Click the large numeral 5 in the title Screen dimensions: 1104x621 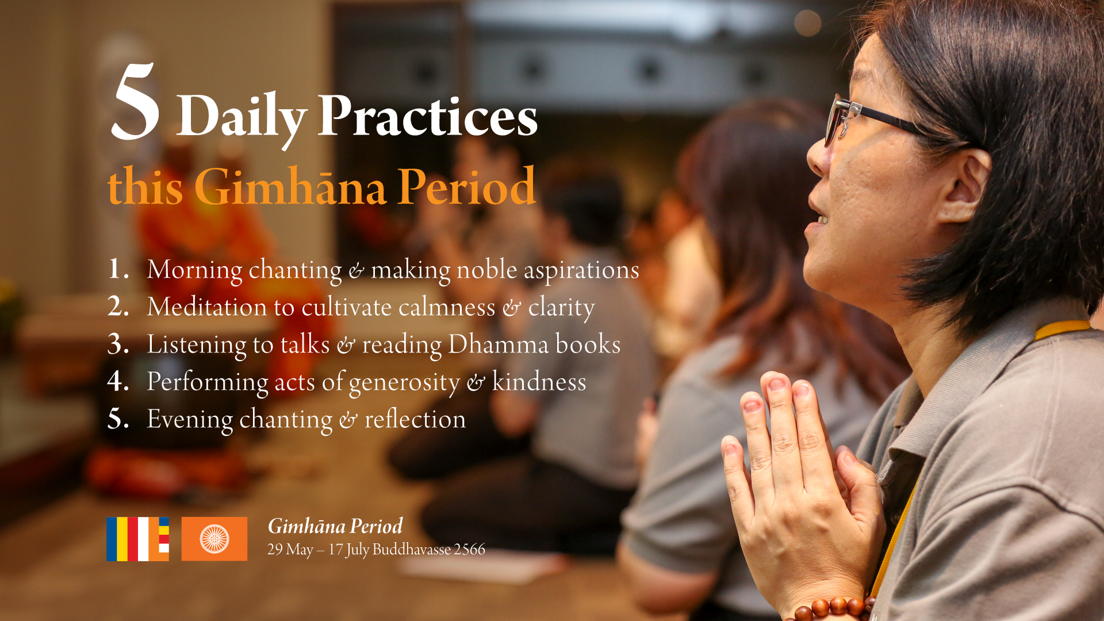point(136,102)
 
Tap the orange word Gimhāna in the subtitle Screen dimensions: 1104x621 point(290,186)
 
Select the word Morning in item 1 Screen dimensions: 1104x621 point(194,270)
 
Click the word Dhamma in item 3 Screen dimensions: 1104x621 point(499,344)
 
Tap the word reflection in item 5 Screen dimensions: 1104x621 point(415,419)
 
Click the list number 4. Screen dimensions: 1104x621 point(117,381)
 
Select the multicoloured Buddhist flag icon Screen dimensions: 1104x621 point(138,539)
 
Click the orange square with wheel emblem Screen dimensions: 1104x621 point(214,539)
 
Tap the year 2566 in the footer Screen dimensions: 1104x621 point(469,550)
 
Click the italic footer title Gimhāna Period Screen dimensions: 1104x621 point(335,526)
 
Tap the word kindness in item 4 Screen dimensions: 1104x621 point(539,381)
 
